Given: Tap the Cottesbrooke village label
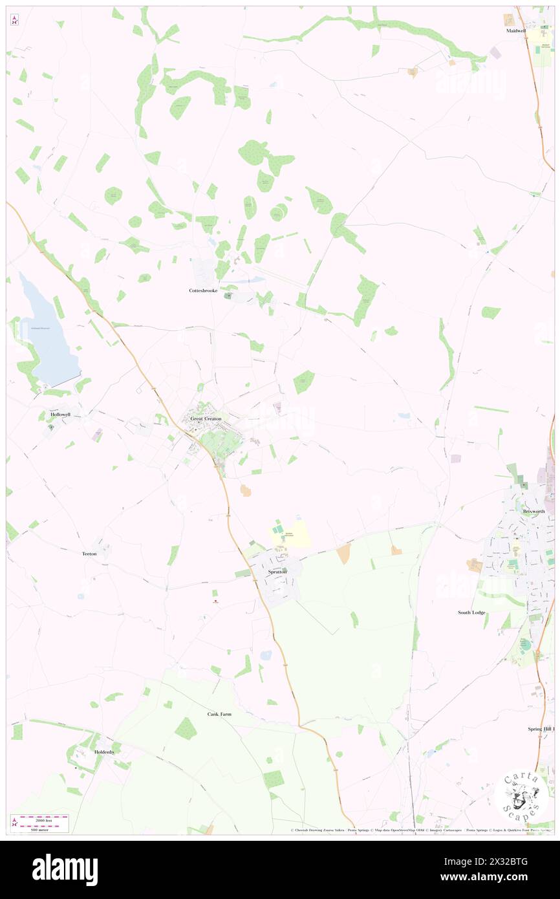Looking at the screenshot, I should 202,291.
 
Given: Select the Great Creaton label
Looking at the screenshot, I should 206,419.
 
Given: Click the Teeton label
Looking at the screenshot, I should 89,554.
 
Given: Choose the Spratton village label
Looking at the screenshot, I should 278,573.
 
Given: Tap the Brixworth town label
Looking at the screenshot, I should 534,511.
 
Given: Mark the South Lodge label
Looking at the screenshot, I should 471,612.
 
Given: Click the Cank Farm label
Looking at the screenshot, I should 219,714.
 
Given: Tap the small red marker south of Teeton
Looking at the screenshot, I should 215,601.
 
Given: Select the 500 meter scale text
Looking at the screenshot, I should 40,829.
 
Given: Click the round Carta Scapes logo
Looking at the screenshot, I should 521,796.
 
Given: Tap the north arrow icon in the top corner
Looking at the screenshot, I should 15,21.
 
